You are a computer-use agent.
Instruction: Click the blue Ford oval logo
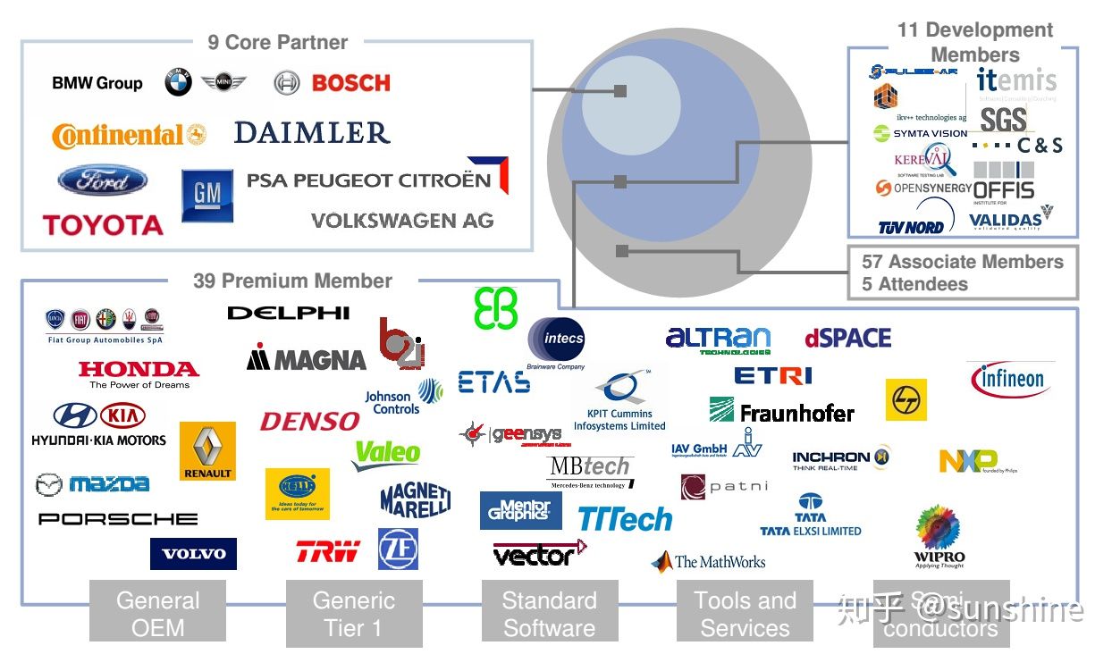pos(102,180)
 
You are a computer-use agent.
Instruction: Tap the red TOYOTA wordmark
pos(103,224)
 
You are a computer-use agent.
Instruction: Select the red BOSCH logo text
pos(350,83)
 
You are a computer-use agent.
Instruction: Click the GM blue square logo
pos(207,196)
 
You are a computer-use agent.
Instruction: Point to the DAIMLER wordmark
pos(312,133)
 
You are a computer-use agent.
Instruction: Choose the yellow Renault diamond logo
pos(207,450)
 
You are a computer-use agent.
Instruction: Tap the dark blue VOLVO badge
pos(193,554)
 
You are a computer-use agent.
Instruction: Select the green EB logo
pos(495,308)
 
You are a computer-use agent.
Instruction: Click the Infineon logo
pos(1010,380)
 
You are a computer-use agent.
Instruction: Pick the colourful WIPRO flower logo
pos(939,534)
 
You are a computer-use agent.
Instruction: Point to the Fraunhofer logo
pos(782,411)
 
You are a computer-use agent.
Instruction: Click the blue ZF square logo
pos(398,549)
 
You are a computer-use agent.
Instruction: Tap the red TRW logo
pos(327,551)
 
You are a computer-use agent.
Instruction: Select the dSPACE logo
pos(847,338)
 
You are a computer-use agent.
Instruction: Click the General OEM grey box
pos(157,614)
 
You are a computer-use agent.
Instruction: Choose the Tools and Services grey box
pos(745,614)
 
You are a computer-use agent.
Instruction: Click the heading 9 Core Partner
pos(277,42)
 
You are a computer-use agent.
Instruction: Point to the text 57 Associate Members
pos(962,262)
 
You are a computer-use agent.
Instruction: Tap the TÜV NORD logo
pos(911,226)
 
